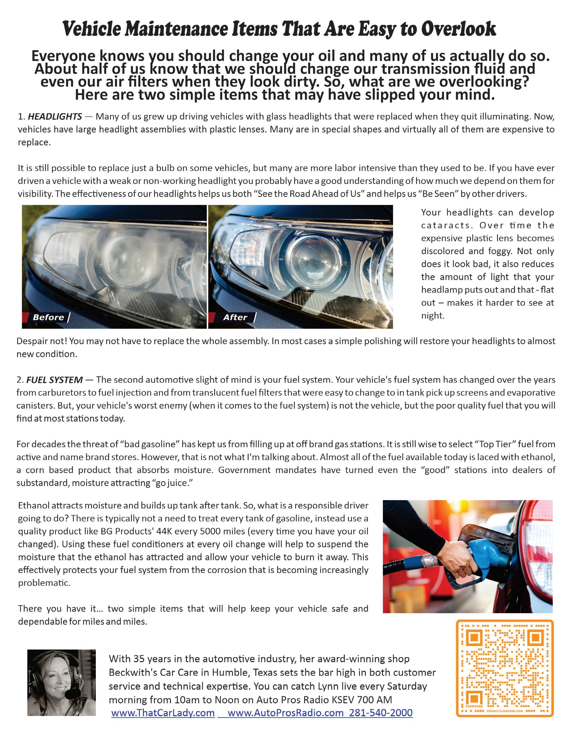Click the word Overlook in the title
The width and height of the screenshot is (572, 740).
(x=458, y=29)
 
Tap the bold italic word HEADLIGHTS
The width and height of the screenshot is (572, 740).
(x=55, y=117)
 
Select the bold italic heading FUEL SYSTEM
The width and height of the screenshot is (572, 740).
(x=54, y=380)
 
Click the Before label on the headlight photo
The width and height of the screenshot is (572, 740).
(x=48, y=317)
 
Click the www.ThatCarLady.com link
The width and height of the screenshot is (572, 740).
(x=163, y=713)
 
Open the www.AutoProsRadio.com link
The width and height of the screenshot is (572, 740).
(x=286, y=713)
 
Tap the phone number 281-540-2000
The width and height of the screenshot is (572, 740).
(x=381, y=713)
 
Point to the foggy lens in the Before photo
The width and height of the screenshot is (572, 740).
(x=125, y=258)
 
